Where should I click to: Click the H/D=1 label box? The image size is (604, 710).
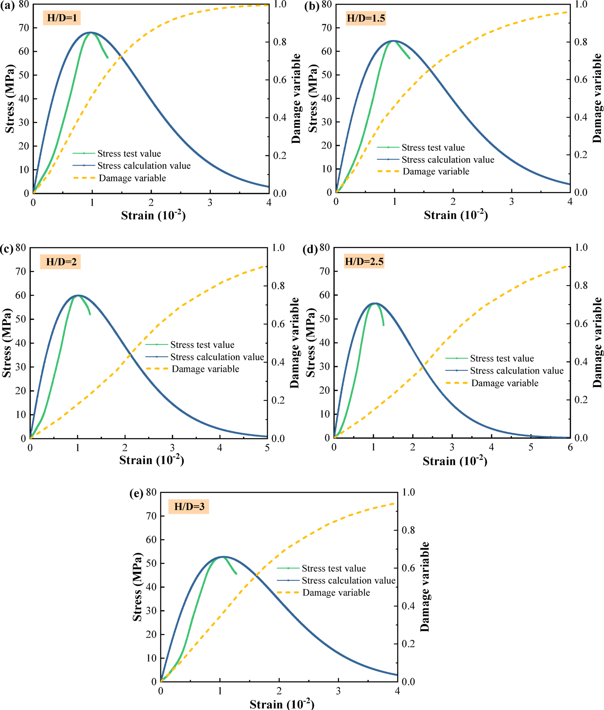click(62, 18)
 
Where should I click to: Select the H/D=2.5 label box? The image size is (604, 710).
click(364, 261)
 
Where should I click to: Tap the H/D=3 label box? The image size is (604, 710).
click(189, 507)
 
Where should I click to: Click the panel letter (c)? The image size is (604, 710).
click(6, 249)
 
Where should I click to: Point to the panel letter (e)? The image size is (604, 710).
click(136, 493)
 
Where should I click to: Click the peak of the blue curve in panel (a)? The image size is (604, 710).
click(91, 32)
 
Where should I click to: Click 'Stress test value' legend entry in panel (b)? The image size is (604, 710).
click(433, 147)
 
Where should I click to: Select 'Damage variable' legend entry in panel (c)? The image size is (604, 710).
click(205, 369)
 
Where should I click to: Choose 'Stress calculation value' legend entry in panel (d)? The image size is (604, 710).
click(517, 371)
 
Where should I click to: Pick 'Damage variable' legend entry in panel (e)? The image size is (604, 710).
click(336, 593)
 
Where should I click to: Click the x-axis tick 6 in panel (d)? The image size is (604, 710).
click(570, 447)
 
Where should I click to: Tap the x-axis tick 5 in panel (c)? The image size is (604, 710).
click(267, 448)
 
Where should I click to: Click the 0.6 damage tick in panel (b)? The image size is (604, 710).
click(581, 79)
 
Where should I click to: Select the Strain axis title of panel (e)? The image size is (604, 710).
click(282, 704)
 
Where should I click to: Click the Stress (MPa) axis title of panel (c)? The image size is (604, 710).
click(7, 343)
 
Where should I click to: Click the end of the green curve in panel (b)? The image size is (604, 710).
click(410, 58)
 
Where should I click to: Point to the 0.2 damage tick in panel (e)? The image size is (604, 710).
click(408, 644)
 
